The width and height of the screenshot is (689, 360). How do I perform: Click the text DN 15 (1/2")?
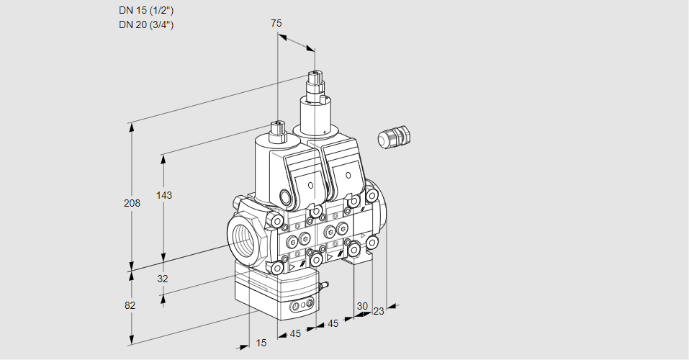coord(145,11)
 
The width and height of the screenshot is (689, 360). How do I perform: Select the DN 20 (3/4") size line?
coord(145,24)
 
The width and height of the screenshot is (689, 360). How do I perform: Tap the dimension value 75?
coord(276,23)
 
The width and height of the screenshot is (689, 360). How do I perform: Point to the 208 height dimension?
coord(131,203)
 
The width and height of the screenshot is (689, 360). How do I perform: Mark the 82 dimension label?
coord(130,305)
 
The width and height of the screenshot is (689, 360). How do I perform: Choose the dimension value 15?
coord(261,343)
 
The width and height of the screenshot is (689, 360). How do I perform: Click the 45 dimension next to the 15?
coord(295,333)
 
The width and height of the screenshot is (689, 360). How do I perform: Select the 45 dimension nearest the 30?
coord(333,323)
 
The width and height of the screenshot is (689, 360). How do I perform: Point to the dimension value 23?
coord(379,311)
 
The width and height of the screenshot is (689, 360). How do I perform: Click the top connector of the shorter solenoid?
coord(278,130)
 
